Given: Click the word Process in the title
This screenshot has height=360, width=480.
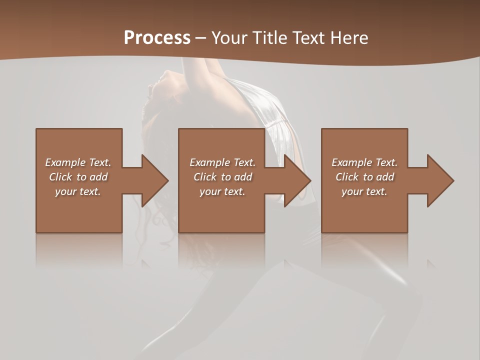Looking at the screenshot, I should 157,38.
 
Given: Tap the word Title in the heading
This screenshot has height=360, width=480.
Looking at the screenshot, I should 271,38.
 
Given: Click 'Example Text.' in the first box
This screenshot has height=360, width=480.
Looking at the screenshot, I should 78,162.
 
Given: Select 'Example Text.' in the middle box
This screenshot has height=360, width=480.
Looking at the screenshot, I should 222,162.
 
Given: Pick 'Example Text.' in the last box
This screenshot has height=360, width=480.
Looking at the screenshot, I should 364,162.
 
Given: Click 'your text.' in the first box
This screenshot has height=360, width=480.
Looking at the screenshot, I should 78,191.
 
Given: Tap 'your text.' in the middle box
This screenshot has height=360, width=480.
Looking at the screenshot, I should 222,191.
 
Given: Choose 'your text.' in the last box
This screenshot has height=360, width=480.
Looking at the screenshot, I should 364,191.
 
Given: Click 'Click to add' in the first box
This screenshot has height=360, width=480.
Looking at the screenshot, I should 78,177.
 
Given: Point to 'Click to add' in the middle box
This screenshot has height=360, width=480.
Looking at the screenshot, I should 222,177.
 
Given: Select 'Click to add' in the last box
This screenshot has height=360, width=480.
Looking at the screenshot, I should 364,177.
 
